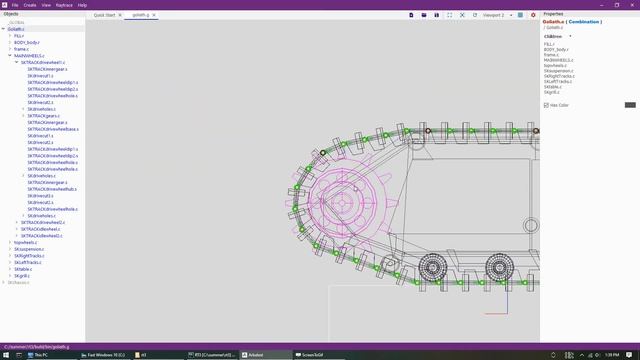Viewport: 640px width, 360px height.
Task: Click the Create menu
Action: pyautogui.click(x=29, y=5)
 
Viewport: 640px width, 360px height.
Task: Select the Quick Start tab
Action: pyautogui.click(x=105, y=16)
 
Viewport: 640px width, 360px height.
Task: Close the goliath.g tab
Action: pyautogui.click(x=155, y=16)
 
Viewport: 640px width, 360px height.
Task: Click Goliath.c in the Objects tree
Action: pyautogui.click(x=17, y=29)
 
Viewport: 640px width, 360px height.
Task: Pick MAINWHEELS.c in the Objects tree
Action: pyautogui.click(x=28, y=55)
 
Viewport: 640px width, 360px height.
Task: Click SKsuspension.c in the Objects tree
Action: pyautogui.click(x=28, y=249)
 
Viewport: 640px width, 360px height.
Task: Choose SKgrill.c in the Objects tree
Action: pyautogui.click(x=24, y=275)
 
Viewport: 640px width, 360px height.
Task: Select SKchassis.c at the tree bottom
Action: pyautogui.click(x=20, y=282)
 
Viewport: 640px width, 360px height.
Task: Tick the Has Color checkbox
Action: pyautogui.click(x=547, y=105)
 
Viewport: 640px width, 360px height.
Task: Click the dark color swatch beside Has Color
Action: pyautogui.click(x=630, y=105)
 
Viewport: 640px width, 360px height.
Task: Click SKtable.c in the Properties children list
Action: pyautogui.click(x=552, y=86)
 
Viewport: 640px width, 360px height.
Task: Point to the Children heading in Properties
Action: pyautogui.click(x=553, y=36)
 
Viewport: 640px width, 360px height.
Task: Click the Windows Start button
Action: pyautogui.click(x=5, y=354)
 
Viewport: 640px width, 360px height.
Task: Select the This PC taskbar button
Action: pyautogui.click(x=40, y=354)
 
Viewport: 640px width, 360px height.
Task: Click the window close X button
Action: pyautogui.click(x=634, y=5)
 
